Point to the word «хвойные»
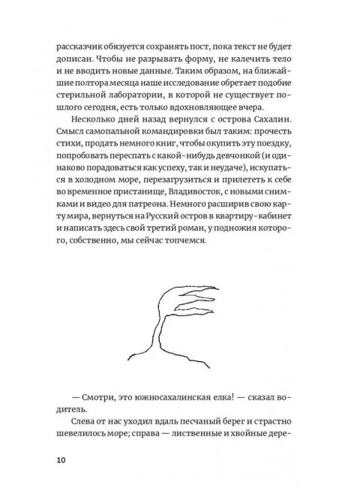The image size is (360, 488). point(265,439)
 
